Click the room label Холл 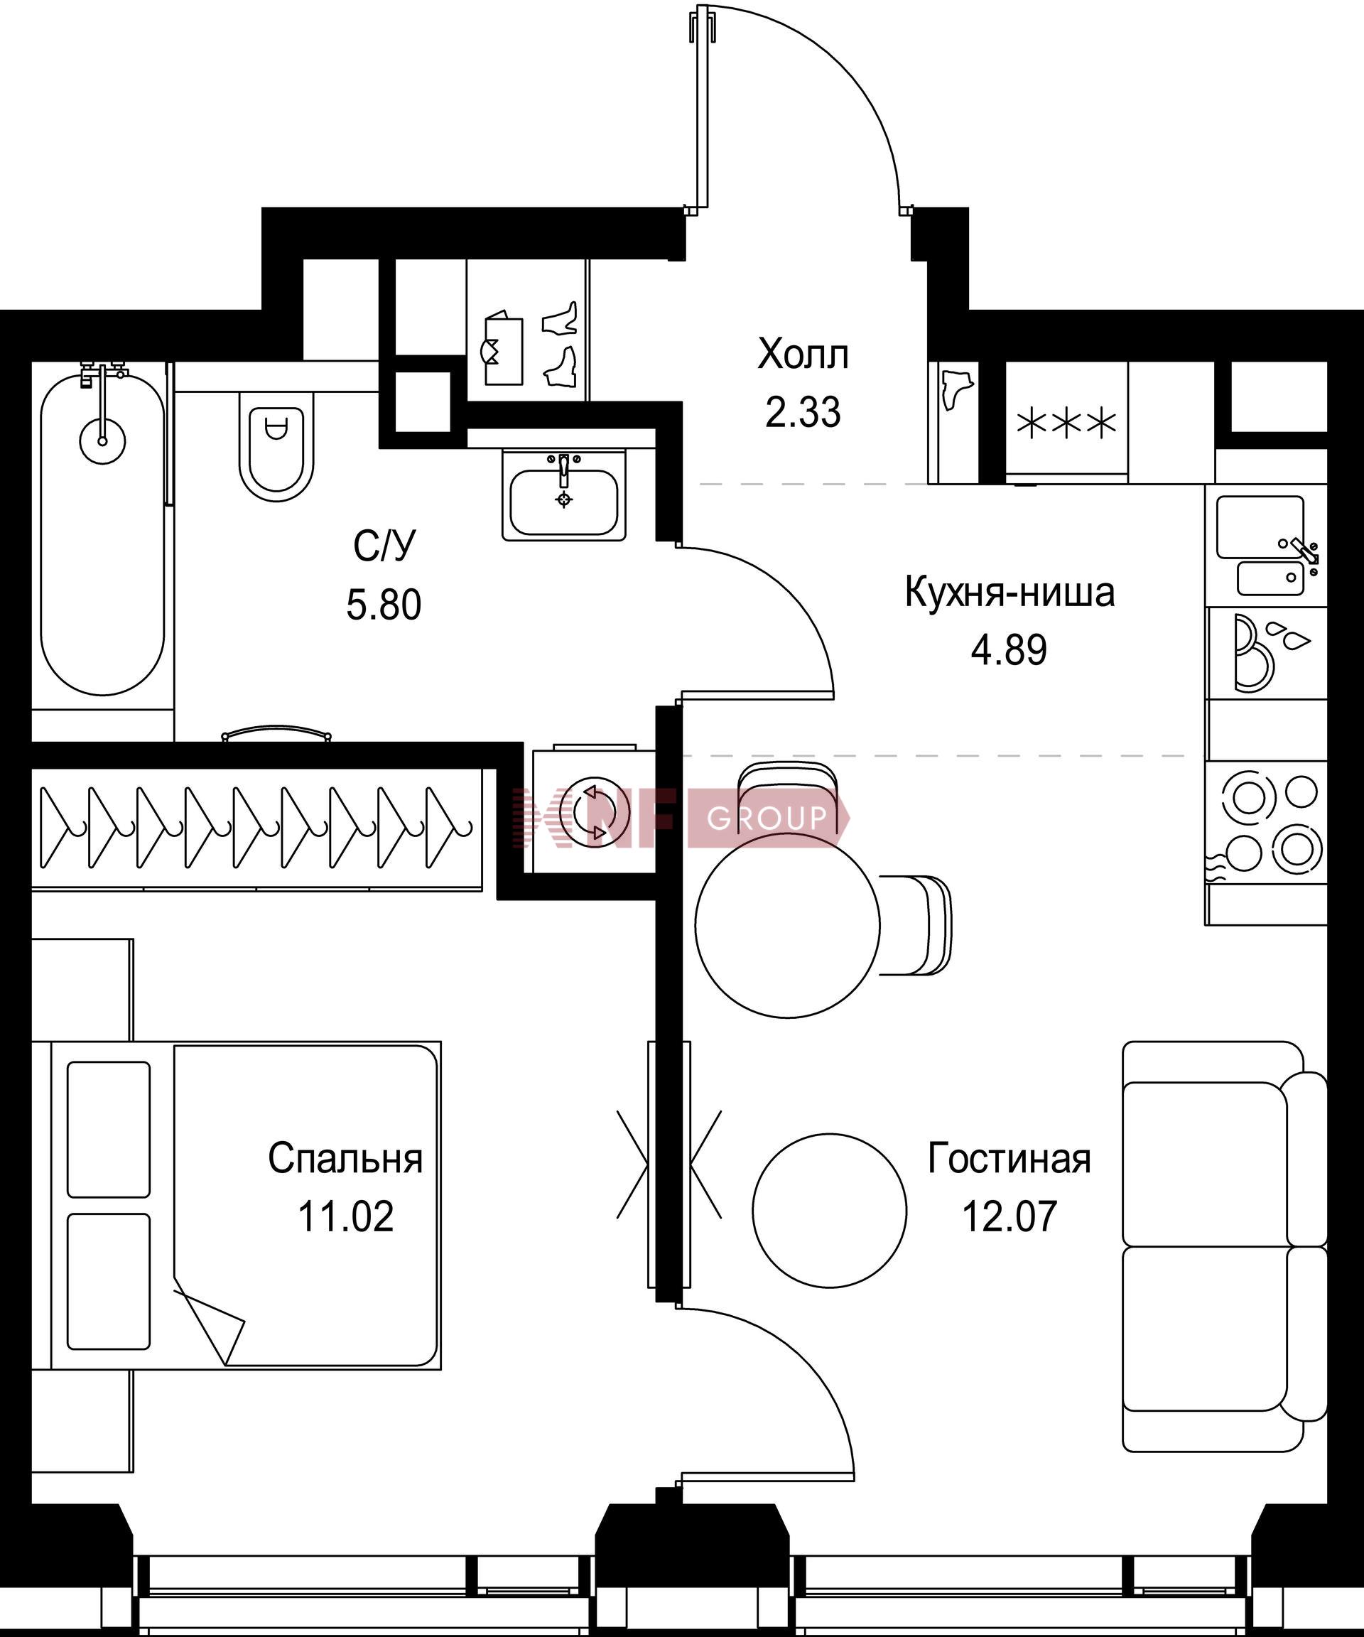pos(803,355)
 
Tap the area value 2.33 pos(803,413)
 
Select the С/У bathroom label pos(384,546)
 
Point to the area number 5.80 pos(384,605)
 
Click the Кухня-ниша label pos(1010,593)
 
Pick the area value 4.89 pos(1009,650)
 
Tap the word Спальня pos(345,1158)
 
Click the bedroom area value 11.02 pos(345,1216)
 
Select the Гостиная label pos(1010,1158)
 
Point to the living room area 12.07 pos(1010,1216)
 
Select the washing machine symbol pos(594,811)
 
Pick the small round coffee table pos(829,1210)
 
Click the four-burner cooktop pos(1267,822)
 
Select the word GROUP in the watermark pos(766,818)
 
